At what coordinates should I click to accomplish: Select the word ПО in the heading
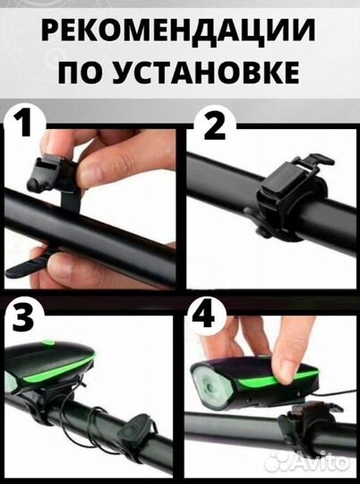tap(86, 71)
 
